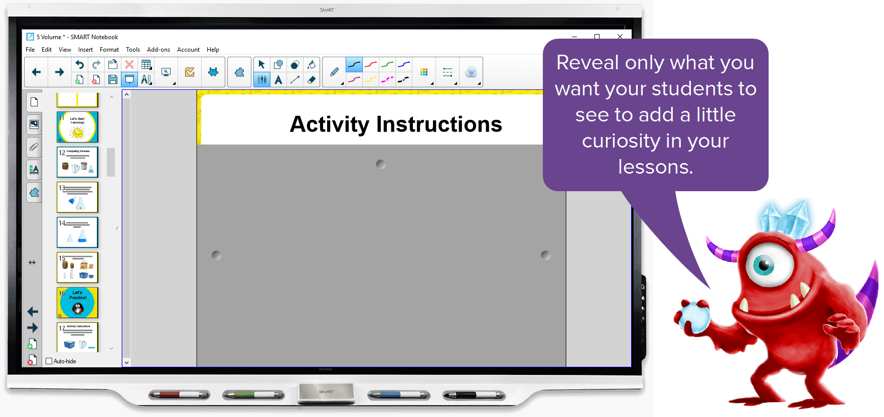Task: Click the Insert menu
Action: (x=85, y=50)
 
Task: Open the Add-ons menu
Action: (x=158, y=50)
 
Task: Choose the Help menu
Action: (x=213, y=50)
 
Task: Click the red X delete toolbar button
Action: (x=129, y=64)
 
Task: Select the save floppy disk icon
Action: (x=113, y=79)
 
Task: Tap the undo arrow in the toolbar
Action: (x=80, y=64)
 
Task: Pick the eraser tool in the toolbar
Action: (x=312, y=79)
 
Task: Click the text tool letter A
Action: (x=278, y=79)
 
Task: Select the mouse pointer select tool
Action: (x=261, y=64)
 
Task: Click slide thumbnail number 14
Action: (x=77, y=232)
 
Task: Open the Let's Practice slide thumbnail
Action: (x=77, y=303)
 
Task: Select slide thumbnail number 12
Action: (x=77, y=162)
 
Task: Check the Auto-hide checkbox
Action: (x=49, y=361)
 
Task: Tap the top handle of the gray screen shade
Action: (x=381, y=164)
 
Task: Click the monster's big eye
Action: (x=764, y=264)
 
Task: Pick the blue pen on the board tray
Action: (x=399, y=395)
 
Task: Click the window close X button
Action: (x=620, y=37)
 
